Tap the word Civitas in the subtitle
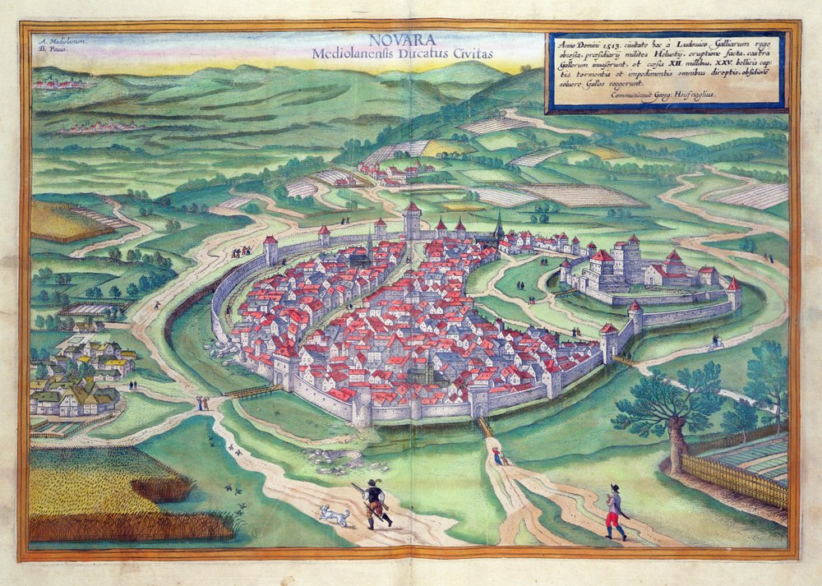[471, 53]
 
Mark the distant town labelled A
[62, 83]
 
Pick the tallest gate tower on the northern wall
[413, 220]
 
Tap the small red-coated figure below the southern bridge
[496, 455]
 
